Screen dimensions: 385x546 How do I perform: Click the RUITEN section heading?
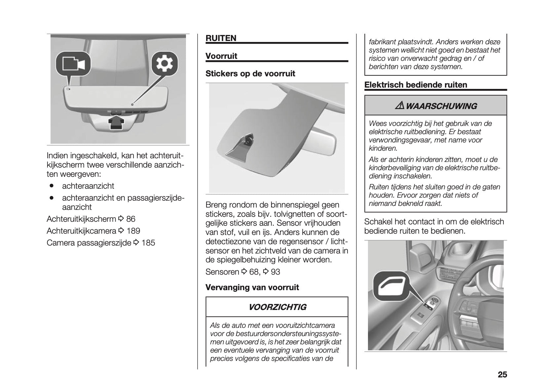221,38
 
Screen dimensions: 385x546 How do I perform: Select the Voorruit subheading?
221,56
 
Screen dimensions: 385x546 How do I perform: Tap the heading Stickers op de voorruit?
250,74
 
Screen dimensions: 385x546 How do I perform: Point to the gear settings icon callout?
164,64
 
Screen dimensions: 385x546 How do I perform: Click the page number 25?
502,375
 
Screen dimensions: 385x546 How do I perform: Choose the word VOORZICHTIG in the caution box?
277,307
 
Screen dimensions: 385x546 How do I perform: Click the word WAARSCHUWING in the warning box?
441,106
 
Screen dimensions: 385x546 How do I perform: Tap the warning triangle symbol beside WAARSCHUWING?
400,106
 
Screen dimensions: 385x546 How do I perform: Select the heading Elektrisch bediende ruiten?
416,85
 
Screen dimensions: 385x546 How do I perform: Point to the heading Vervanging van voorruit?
252,288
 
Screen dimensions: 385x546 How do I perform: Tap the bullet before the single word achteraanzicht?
52,186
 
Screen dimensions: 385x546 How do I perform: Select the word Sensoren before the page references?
222,272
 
